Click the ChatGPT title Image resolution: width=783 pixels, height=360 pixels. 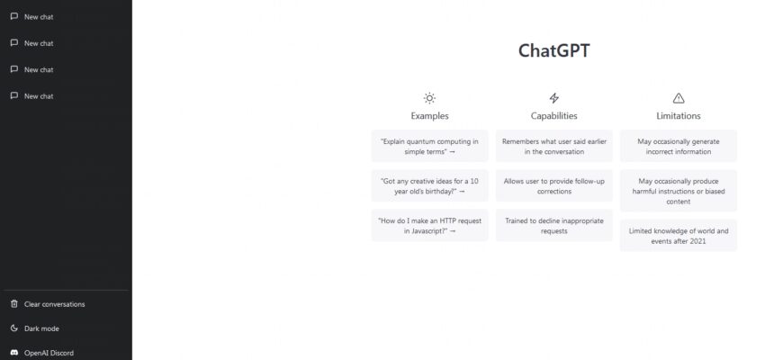pyautogui.click(x=553, y=50)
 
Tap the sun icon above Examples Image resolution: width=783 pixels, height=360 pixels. pyautogui.click(x=429, y=98)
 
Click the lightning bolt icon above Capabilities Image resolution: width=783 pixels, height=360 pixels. pyautogui.click(x=553, y=98)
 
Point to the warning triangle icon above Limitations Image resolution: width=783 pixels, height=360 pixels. pyautogui.click(x=678, y=98)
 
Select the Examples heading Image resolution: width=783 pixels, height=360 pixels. pyautogui.click(x=429, y=116)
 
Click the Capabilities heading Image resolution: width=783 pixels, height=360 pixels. pyautogui.click(x=553, y=116)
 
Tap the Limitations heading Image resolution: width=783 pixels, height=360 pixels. pyautogui.click(x=678, y=116)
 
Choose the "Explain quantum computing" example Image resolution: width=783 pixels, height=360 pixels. pyautogui.click(x=429, y=147)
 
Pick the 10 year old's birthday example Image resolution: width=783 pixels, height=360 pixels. pyautogui.click(x=429, y=185)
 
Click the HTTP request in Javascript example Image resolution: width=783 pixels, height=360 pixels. pyautogui.click(x=429, y=225)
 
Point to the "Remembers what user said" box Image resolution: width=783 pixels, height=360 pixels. pyautogui.click(x=553, y=147)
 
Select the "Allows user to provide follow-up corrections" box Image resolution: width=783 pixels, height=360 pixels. pyautogui.click(x=553, y=185)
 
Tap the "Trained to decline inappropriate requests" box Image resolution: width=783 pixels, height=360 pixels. pyautogui.click(x=553, y=225)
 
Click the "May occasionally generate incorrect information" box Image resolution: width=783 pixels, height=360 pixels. pyautogui.click(x=678, y=147)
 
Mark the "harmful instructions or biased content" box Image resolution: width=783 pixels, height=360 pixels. pyautogui.click(x=678, y=190)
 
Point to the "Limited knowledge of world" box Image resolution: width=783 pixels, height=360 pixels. pyautogui.click(x=678, y=236)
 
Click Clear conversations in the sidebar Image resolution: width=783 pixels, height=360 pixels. pyautogui.click(x=54, y=304)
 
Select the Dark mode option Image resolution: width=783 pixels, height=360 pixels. pyautogui.click(x=41, y=328)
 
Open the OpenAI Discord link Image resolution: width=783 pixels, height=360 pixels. pyautogui.click(x=49, y=353)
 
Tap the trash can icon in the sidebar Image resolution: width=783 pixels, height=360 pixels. pyautogui.click(x=13, y=304)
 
